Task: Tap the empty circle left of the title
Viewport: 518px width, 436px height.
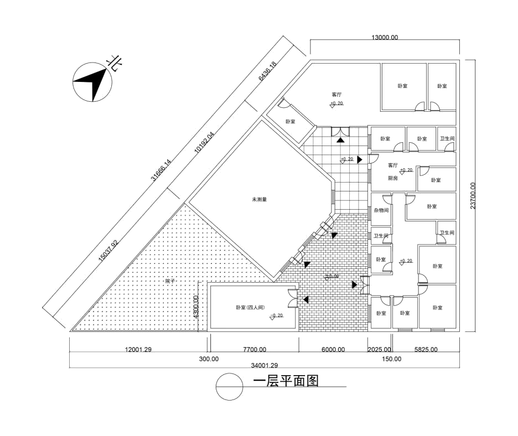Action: (229, 386)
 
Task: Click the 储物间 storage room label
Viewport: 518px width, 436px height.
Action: (380, 210)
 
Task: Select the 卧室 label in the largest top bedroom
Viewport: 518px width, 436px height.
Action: (403, 86)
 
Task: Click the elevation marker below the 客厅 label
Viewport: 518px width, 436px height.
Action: (338, 103)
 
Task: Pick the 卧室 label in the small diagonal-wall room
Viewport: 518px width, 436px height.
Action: (288, 121)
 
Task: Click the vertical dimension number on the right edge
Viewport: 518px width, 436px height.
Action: (473, 196)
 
